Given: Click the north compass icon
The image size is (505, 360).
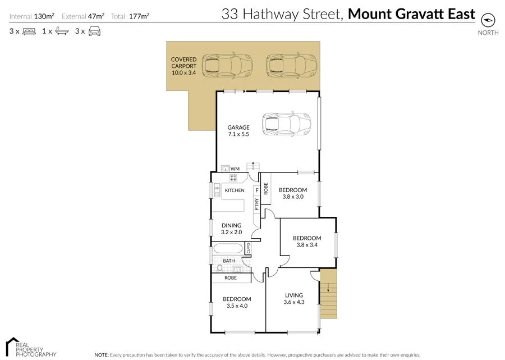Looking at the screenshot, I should click(488, 20).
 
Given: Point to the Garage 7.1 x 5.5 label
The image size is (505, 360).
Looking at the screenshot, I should click(238, 131).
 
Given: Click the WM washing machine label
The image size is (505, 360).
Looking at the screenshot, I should click(235, 168).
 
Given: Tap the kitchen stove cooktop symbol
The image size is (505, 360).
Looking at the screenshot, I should click(234, 178).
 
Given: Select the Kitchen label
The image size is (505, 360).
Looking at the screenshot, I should click(235, 190).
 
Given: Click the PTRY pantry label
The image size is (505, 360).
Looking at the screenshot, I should click(256, 206).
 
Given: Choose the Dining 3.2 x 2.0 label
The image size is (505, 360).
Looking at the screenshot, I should click(231, 229).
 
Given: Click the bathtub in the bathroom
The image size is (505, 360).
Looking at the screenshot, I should click(228, 249).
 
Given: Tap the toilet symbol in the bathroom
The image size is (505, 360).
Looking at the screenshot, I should click(219, 268).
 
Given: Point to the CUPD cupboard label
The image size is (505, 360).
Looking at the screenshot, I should click(248, 248).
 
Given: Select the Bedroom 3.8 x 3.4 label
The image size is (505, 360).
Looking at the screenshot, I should click(307, 242).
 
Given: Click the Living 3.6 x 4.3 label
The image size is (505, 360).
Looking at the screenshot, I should click(293, 299).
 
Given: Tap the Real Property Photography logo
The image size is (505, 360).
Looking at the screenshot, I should click(31, 348).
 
